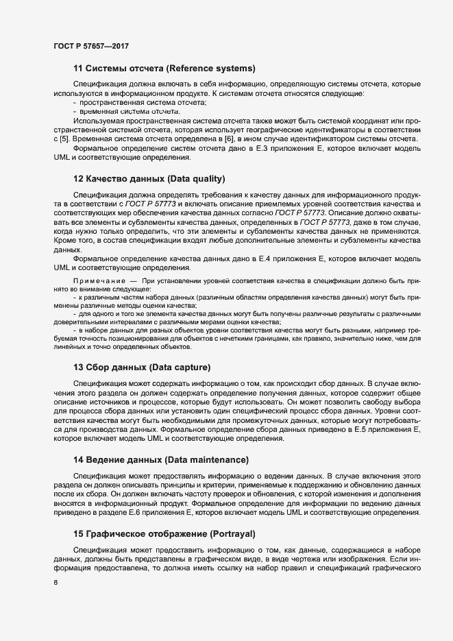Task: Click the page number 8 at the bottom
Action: click(x=56, y=583)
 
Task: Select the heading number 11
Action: click(x=77, y=68)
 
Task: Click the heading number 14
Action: click(x=78, y=459)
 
